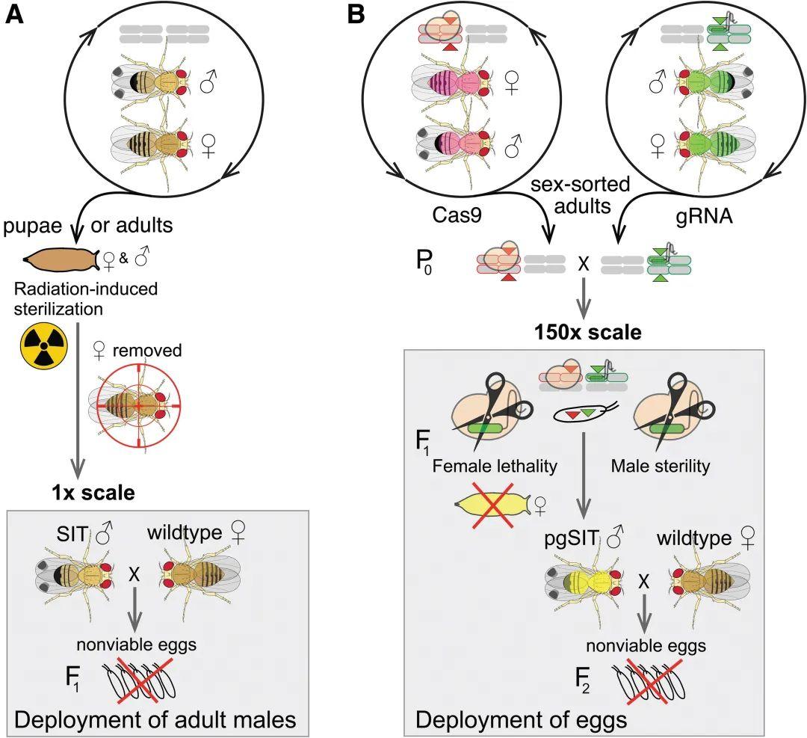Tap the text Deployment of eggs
point(521,720)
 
